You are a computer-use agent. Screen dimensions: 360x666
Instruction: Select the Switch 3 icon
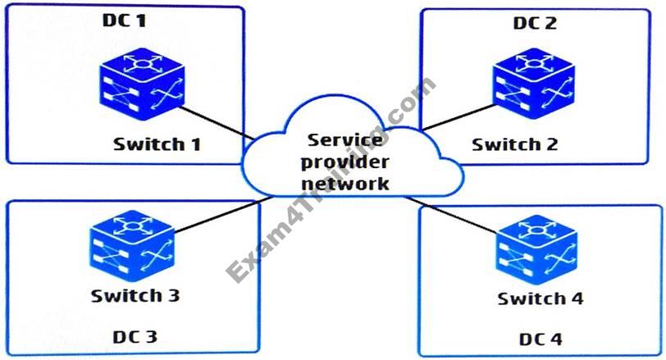131,244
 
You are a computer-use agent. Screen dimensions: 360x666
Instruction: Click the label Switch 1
157,144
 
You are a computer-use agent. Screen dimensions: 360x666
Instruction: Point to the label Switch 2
515,144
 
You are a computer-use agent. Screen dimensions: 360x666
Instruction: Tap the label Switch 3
135,295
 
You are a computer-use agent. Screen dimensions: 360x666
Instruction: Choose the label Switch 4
541,298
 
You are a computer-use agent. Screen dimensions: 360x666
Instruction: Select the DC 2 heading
535,23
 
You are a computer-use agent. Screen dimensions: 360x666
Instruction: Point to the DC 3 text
135,335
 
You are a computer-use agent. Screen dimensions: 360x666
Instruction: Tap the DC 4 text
541,338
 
